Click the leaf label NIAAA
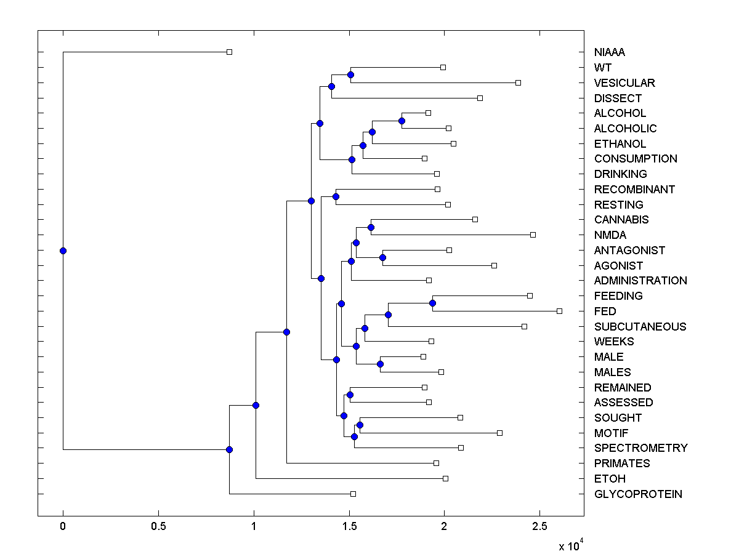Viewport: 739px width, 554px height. coord(610,52)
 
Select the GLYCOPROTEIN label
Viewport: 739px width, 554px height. coord(638,494)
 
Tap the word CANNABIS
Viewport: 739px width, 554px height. coord(621,220)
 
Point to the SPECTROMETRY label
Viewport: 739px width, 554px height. coord(640,448)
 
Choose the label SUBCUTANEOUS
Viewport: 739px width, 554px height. coord(640,326)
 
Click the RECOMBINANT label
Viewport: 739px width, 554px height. coord(634,189)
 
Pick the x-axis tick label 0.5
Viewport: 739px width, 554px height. coord(158,527)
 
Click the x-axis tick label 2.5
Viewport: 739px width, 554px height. coord(539,527)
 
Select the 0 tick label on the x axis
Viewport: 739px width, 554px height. coord(63,527)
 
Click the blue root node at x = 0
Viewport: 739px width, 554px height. coord(63,251)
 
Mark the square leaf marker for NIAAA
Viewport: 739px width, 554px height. coord(229,52)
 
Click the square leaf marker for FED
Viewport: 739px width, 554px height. coord(559,311)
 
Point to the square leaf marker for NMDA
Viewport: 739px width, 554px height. coord(533,235)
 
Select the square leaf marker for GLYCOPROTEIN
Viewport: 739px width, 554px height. coord(353,494)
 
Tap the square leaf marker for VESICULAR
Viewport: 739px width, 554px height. coord(518,82)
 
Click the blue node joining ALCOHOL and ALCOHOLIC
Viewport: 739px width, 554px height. coord(402,121)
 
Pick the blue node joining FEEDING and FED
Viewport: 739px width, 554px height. coord(432,303)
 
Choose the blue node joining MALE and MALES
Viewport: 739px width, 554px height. coord(380,364)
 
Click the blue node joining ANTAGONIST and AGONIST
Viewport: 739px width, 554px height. coord(382,257)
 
